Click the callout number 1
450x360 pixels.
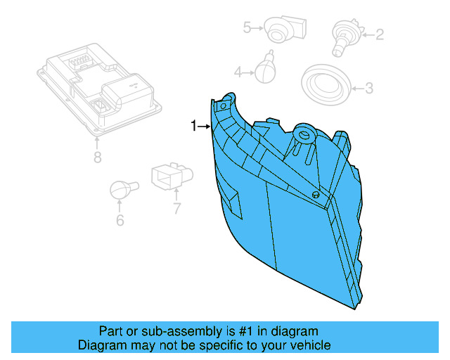(193, 126)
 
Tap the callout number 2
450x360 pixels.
(379, 33)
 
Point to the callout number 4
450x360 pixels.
(238, 72)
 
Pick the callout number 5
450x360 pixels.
(247, 28)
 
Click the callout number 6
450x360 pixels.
(120, 220)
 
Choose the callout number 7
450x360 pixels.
(177, 207)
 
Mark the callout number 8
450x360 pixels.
(97, 157)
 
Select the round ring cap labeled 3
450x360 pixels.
(326, 85)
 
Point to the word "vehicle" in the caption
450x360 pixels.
(309, 345)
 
